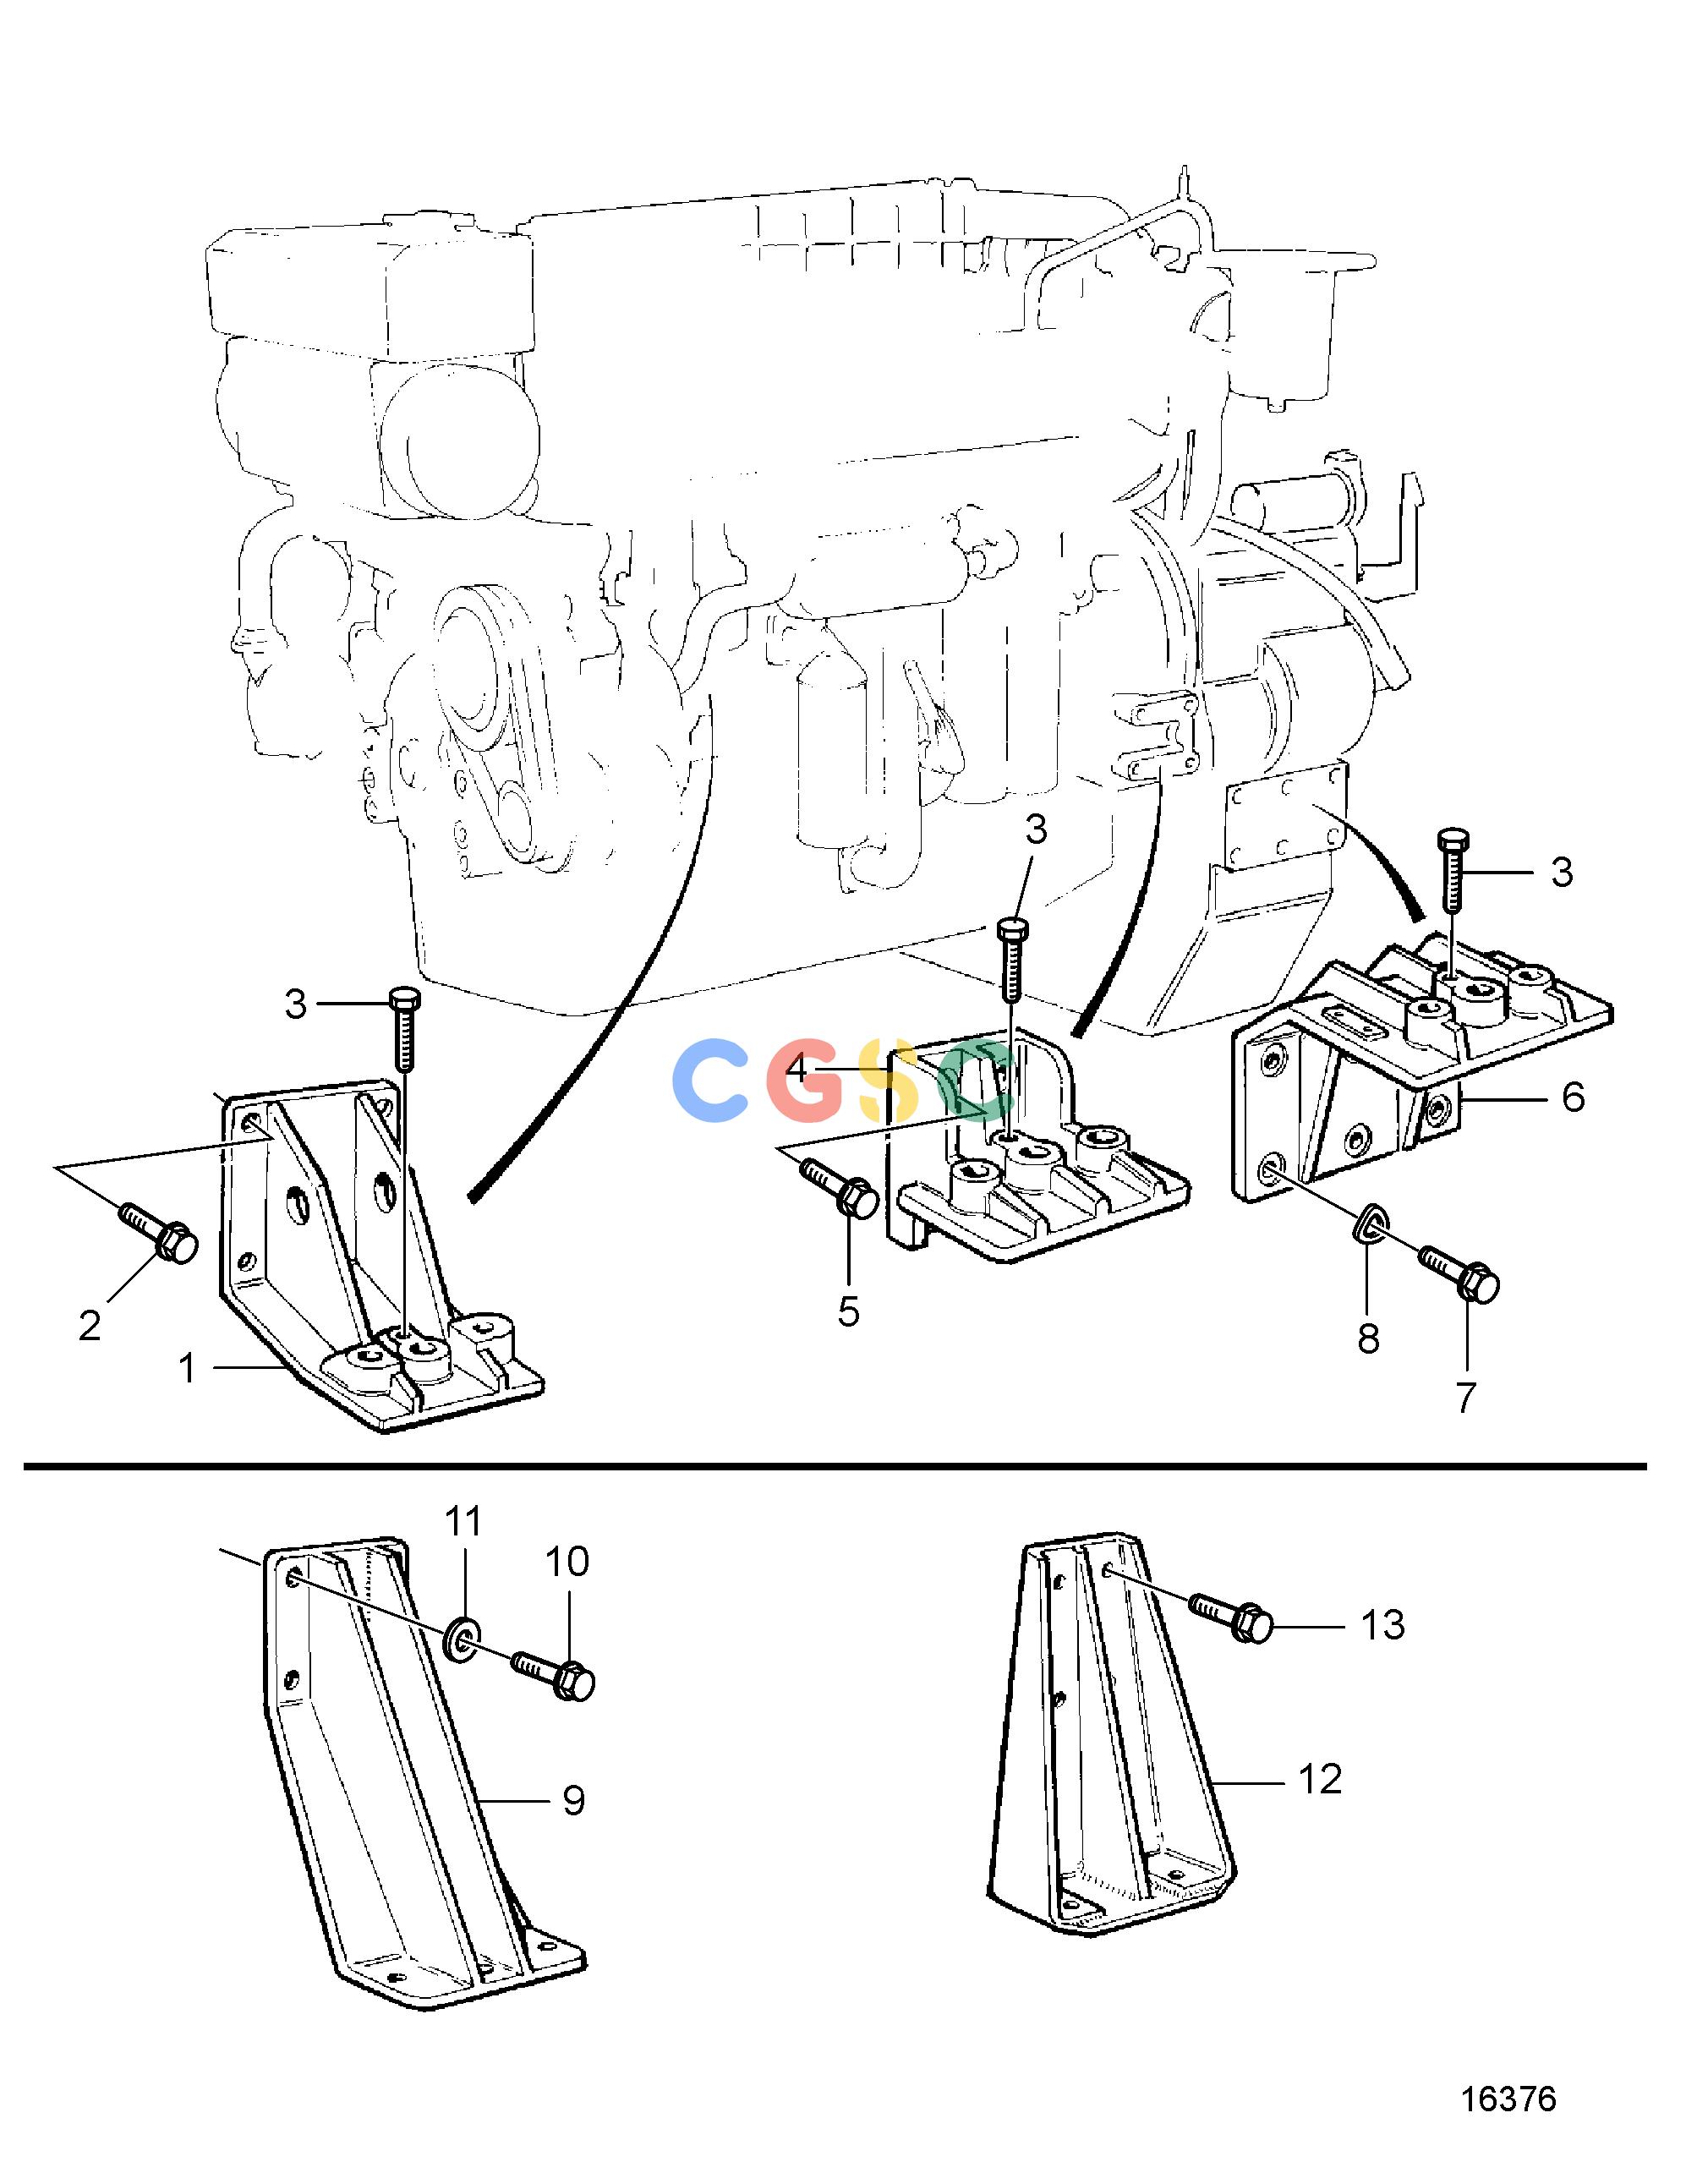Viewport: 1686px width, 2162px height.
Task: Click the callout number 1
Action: point(187,1368)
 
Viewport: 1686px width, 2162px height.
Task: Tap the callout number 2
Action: point(90,1326)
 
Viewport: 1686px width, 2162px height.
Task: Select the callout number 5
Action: point(848,1311)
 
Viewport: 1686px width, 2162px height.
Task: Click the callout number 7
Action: point(1466,1397)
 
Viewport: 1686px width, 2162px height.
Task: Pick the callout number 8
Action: point(1368,1338)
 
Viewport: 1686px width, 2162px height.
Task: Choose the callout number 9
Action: point(574,1801)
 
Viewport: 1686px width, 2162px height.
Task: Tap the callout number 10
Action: point(567,1561)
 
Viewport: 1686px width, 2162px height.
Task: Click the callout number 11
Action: point(463,1519)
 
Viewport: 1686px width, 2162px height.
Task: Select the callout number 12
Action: point(1320,1779)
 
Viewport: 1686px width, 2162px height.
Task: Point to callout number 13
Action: point(1383,1624)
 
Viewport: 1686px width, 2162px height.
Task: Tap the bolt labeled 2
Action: point(158,1233)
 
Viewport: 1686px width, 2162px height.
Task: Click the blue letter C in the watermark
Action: point(709,1081)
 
